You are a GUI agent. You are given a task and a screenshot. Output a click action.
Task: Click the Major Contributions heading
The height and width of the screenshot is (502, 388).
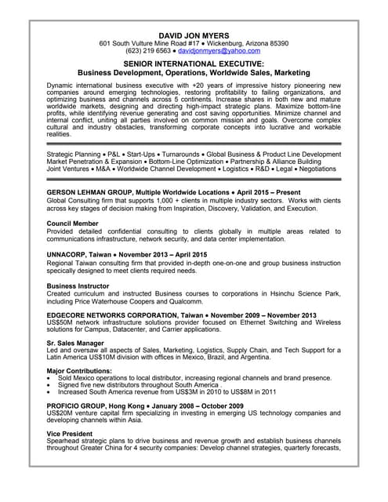[79, 370]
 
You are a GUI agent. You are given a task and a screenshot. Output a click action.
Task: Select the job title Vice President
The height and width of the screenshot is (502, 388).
[70, 433]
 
